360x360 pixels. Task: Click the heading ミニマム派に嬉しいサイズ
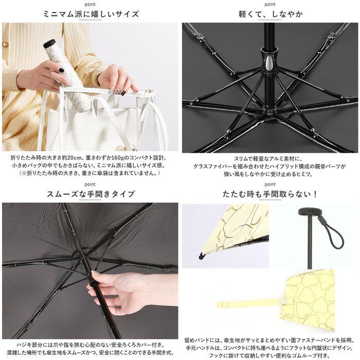91,14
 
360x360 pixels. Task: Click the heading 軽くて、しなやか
271,14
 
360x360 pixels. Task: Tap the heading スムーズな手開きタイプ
91,194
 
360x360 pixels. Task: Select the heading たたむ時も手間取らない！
270,194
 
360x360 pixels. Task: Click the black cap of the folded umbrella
49,43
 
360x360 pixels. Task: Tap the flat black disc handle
309,211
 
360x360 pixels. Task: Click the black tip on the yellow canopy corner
202,256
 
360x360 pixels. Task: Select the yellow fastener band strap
251,303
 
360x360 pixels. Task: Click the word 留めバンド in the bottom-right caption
197,340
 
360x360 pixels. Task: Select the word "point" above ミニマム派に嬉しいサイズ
90,4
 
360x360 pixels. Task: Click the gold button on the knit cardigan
4,44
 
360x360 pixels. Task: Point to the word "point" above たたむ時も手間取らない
270,184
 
